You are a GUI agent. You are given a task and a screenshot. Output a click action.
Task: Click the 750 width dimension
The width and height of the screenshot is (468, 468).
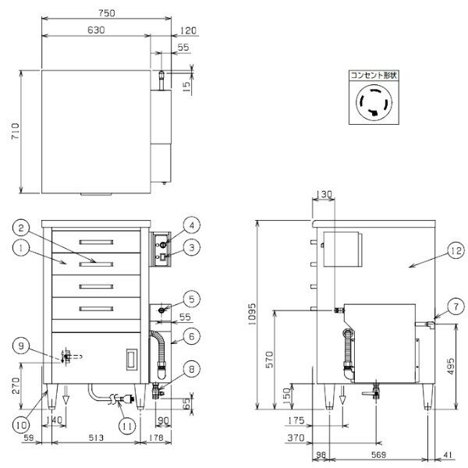click(x=107, y=12)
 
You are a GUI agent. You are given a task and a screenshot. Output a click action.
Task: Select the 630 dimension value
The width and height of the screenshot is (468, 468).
click(x=96, y=30)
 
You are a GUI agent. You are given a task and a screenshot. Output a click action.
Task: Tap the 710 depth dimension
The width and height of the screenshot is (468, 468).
click(x=15, y=131)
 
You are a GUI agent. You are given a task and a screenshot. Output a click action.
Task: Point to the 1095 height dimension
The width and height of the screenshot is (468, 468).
click(x=252, y=314)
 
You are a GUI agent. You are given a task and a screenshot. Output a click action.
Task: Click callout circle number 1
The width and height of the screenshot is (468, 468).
click(x=21, y=249)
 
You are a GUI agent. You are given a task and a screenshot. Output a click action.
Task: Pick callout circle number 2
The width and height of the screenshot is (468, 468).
click(x=21, y=229)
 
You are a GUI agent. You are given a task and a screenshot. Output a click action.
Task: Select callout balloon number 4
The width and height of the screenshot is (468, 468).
click(x=192, y=225)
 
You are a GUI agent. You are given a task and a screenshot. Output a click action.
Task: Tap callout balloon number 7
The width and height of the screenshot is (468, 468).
click(x=456, y=307)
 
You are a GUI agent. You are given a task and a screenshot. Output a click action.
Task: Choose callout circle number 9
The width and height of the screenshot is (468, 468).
click(x=21, y=346)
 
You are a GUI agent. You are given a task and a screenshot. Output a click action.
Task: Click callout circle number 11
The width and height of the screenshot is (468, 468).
click(x=127, y=426)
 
